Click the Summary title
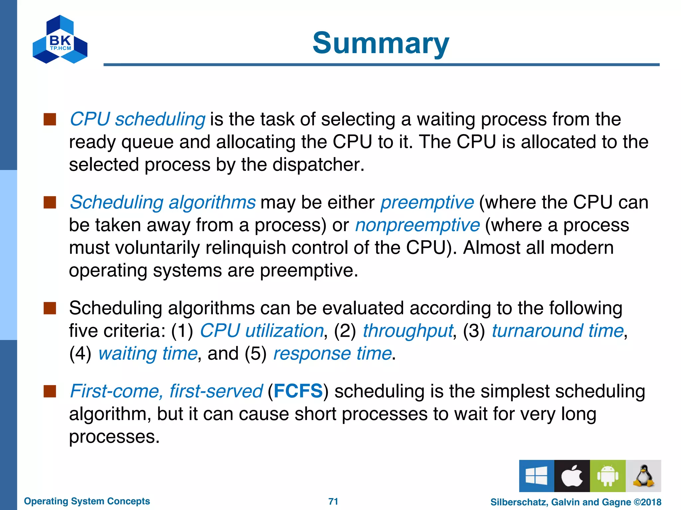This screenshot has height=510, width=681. tap(381, 43)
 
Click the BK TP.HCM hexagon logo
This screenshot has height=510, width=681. tap(60, 40)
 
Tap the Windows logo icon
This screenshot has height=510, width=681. tap(536, 476)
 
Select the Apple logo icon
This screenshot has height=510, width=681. tap(572, 476)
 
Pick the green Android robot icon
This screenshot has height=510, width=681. tap(608, 476)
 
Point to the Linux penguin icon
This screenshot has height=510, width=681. tap(643, 476)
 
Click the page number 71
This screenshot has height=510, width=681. tap(333, 501)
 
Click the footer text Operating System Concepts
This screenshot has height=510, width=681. tap(87, 501)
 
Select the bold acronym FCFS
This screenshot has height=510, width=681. tap(298, 391)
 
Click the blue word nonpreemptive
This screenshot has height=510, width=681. tap(417, 225)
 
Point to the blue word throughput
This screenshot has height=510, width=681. tap(408, 331)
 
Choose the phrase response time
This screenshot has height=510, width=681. tap(332, 353)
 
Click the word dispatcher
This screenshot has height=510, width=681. tap(318, 165)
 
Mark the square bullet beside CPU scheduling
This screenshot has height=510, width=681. tap(50, 119)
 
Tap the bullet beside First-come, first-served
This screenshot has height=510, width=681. tap(50, 391)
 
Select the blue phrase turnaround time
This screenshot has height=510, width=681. tap(558, 331)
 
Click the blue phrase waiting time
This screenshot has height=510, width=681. tap(148, 353)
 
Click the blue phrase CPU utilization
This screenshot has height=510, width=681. tap(262, 331)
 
